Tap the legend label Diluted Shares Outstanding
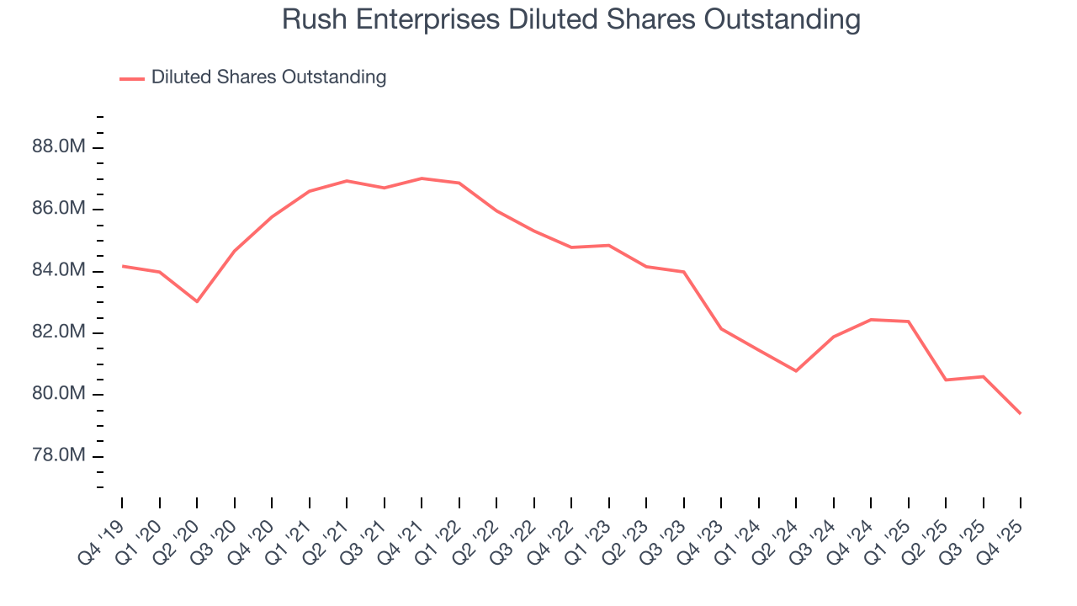click(x=268, y=77)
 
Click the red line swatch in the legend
click(x=132, y=78)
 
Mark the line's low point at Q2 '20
click(x=197, y=301)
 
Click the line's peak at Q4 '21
click(x=422, y=178)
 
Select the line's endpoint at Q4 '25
click(x=1021, y=413)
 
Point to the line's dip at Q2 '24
click(x=796, y=371)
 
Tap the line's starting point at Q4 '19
click(x=122, y=266)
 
